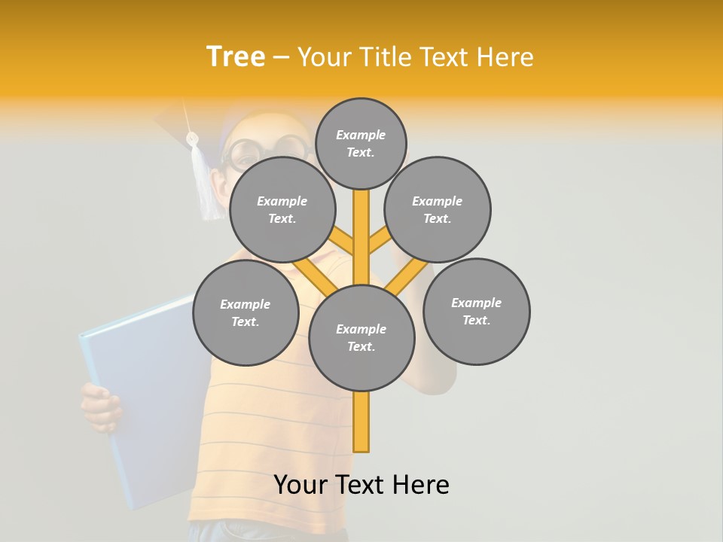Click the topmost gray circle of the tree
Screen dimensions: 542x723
(361, 143)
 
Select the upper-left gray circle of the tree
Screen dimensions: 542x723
(282, 209)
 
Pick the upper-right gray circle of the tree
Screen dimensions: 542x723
(438, 209)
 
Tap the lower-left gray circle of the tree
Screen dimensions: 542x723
(246, 312)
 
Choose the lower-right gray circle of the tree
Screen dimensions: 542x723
(476, 311)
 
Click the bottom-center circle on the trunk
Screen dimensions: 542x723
(361, 337)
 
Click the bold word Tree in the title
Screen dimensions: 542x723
(236, 56)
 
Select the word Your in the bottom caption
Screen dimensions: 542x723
(301, 485)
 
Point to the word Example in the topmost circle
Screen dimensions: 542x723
(361, 135)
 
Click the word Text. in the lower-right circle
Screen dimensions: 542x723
(476, 320)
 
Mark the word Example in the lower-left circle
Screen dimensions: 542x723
(246, 304)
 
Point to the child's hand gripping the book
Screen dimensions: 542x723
(101, 406)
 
